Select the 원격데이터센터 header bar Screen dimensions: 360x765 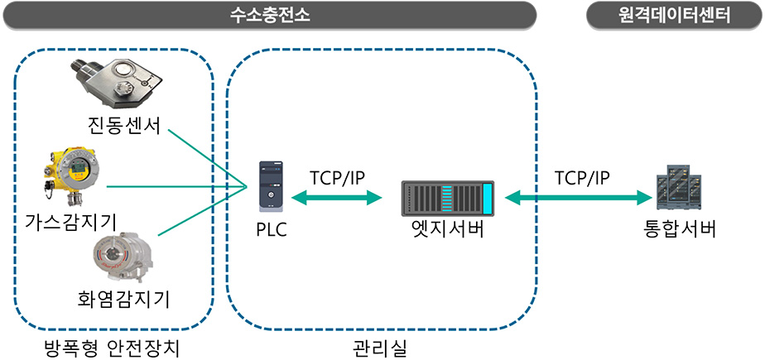point(673,14)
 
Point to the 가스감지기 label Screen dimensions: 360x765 point(70,220)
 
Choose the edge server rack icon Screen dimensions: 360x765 point(447,198)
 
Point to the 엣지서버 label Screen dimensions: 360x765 point(447,229)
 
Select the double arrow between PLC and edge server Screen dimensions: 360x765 point(336,198)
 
